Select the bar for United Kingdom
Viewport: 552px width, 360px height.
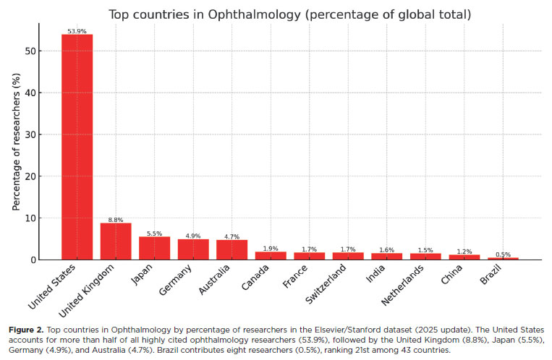[116, 241]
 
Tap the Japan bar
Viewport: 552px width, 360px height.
[154, 248]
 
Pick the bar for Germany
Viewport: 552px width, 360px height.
[193, 249]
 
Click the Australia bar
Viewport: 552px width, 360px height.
[232, 250]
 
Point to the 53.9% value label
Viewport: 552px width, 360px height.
[77, 30]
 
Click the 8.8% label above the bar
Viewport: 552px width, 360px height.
[116, 218]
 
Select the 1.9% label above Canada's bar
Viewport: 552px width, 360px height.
[271, 247]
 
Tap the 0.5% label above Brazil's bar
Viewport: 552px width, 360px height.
[503, 254]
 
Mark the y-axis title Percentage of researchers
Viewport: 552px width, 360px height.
[16, 151]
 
